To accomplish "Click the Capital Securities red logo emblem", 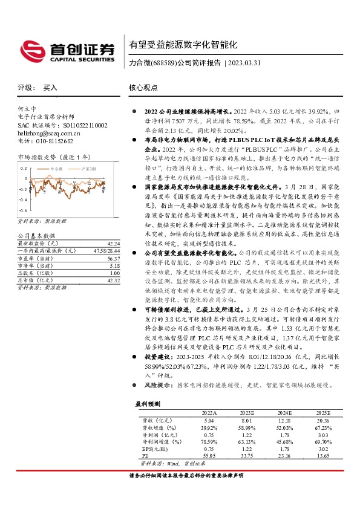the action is [x=31, y=50].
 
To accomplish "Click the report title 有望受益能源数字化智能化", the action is [x=182, y=45].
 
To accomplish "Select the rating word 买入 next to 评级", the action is [x=50, y=88].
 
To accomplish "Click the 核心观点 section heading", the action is [x=143, y=88].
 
